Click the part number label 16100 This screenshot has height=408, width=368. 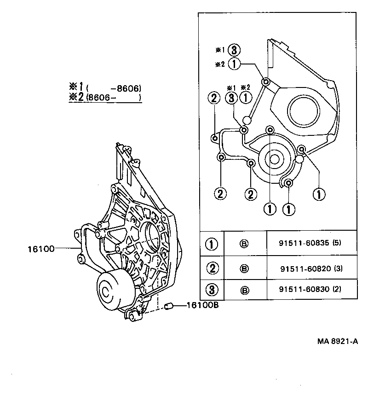click(x=41, y=249)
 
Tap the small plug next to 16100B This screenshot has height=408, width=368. click(x=168, y=305)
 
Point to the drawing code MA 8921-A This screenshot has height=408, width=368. click(x=337, y=341)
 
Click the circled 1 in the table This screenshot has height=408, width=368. click(x=211, y=244)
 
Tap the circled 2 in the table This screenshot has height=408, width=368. click(x=211, y=268)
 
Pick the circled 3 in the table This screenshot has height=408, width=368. click(x=211, y=290)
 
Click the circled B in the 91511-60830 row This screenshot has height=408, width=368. click(x=245, y=290)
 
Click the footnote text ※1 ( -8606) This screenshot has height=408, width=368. click(x=105, y=87)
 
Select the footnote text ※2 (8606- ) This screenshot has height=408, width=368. click(x=105, y=97)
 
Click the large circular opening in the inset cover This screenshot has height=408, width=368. click(x=304, y=111)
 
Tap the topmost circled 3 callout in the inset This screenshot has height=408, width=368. click(x=234, y=50)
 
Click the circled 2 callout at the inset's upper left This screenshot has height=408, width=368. click(x=214, y=98)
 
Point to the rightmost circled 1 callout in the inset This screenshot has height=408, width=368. click(x=318, y=194)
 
